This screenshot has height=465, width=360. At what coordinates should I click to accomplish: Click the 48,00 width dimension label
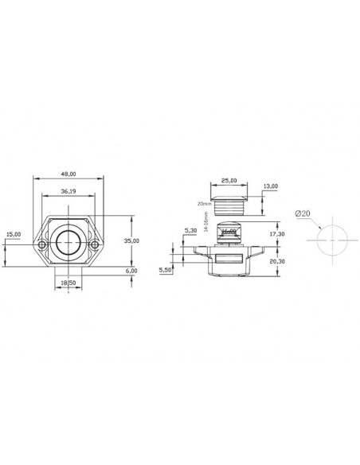[69, 174]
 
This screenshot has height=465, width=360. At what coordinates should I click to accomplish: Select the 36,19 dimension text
[69, 191]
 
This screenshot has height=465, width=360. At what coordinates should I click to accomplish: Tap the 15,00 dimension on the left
[13, 234]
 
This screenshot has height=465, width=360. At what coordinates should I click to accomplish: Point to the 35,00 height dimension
[132, 240]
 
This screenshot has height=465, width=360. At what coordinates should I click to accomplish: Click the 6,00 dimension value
[132, 271]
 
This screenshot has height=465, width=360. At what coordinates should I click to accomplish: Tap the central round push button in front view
[69, 242]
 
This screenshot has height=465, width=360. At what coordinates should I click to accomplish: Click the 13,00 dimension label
[270, 186]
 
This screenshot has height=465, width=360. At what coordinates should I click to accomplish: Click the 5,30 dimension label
[190, 231]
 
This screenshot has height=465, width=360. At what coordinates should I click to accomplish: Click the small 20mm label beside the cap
[204, 203]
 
